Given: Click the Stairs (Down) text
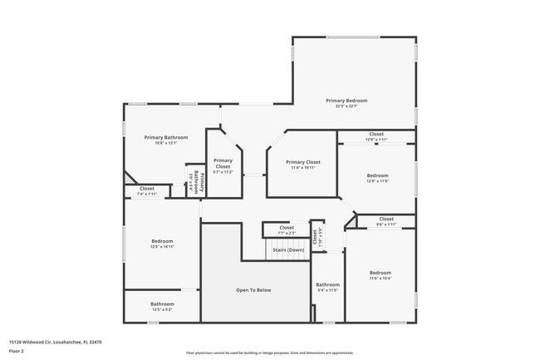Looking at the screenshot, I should tap(287, 249).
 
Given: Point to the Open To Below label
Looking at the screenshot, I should tap(254, 290).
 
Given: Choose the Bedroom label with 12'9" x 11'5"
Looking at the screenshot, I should tap(377, 178).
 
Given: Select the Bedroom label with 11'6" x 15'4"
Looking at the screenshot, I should tap(380, 275).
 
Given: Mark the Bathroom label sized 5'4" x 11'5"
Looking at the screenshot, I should tap(327, 288).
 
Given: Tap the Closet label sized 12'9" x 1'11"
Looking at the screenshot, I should tap(376, 136).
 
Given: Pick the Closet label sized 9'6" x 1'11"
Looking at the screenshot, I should tap(385, 221).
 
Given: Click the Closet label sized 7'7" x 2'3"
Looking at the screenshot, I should tap(287, 229).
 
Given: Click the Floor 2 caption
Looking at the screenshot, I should tap(16, 351).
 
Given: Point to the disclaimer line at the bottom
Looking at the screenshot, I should tap(269, 353).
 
